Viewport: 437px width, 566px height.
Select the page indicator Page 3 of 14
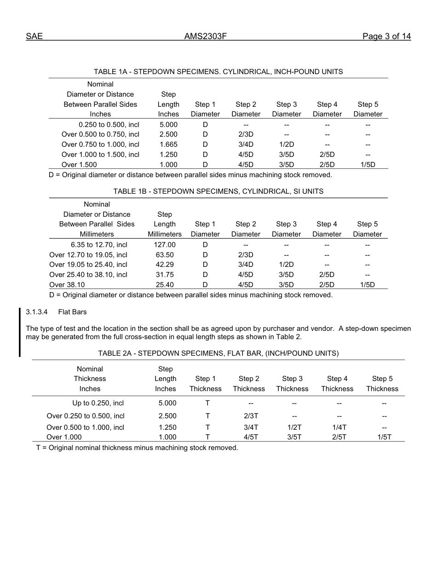pos(386,36)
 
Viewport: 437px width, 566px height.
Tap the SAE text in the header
pos(34,36)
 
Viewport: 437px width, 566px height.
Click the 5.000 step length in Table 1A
pos(168,125)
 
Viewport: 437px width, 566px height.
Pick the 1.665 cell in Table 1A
pos(168,144)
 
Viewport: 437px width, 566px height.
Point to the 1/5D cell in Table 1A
pos(368,165)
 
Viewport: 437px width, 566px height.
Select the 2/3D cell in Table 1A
pos(246,134)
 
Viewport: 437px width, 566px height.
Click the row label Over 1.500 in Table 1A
pos(79,165)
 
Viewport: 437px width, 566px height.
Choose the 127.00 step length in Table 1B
pos(165,245)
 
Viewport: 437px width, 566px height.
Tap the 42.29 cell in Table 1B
pos(165,265)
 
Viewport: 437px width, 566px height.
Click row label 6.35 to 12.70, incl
pos(99,245)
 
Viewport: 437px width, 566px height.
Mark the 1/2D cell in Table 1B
pos(286,265)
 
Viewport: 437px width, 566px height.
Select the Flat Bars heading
pos(72,312)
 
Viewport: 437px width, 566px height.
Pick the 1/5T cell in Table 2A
pos(384,437)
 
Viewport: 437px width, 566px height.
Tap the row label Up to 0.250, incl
pos(98,403)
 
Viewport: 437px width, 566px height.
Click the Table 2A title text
pos(218,353)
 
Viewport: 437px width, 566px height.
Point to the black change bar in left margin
pos(20,332)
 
